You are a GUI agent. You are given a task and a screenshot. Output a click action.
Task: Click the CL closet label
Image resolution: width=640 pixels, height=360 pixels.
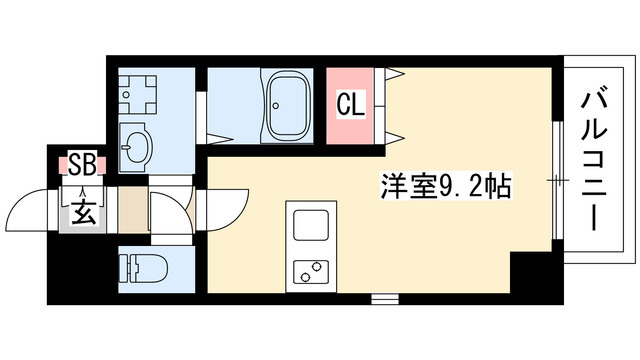coord(348,103)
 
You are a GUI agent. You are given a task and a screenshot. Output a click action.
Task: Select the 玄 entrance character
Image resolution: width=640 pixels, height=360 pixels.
coord(82,213)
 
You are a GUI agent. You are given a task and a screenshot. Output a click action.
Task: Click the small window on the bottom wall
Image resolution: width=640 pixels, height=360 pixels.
coord(385,297)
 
